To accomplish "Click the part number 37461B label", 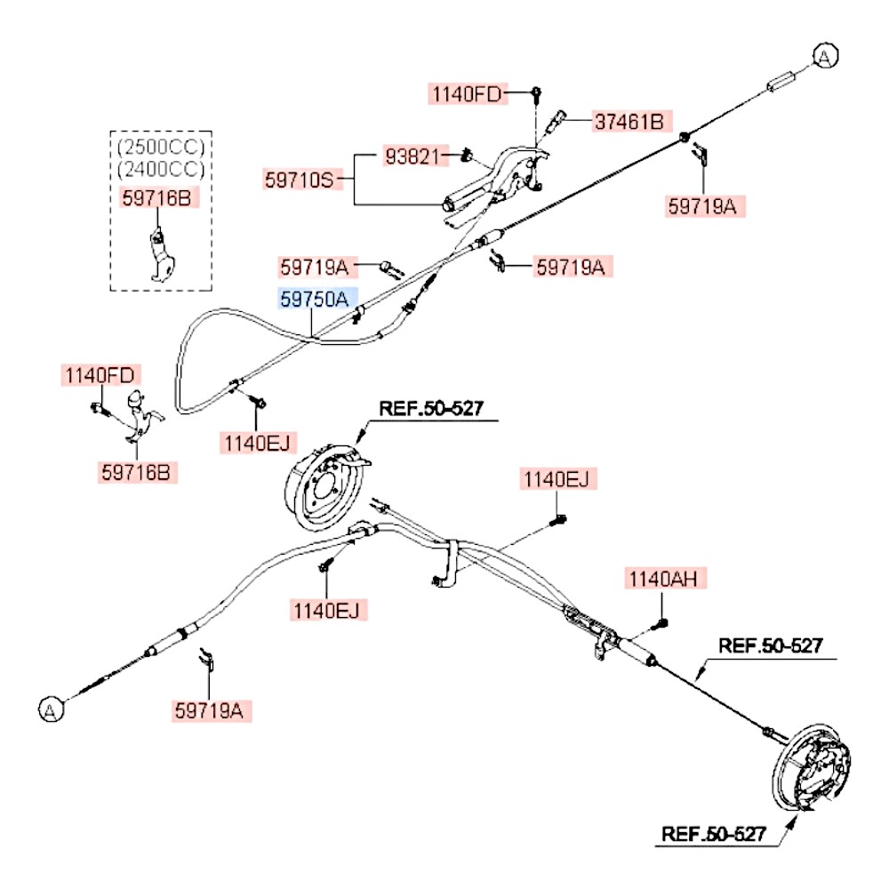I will coord(629,121).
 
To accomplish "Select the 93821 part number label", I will coord(412,156).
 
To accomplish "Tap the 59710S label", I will coord(298,180).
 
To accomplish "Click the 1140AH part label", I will coord(666,580).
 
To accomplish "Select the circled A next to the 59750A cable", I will coord(825,57).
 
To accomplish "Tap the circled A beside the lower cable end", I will coord(52,709).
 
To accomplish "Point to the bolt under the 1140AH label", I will coord(663,624).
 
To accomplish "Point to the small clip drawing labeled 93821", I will coord(466,158).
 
